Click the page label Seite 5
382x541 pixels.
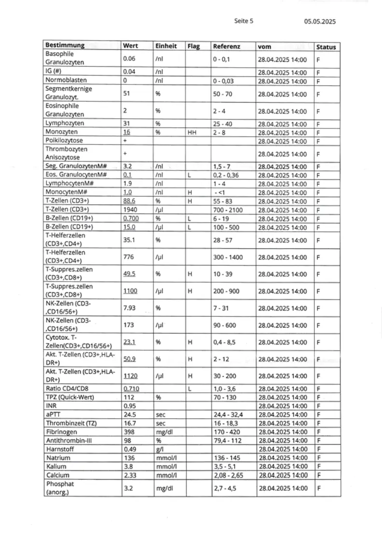click(x=243, y=21)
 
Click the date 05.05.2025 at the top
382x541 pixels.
click(x=320, y=21)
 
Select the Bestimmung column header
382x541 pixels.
click(x=65, y=46)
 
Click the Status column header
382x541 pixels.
click(x=325, y=47)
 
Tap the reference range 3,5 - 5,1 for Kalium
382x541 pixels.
click(x=225, y=466)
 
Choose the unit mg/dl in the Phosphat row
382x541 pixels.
click(x=164, y=488)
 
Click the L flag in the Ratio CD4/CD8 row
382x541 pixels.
click(x=190, y=389)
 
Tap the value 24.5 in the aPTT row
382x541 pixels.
click(x=129, y=414)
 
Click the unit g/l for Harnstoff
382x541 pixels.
click(x=159, y=449)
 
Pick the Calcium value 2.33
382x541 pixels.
click(x=129, y=475)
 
